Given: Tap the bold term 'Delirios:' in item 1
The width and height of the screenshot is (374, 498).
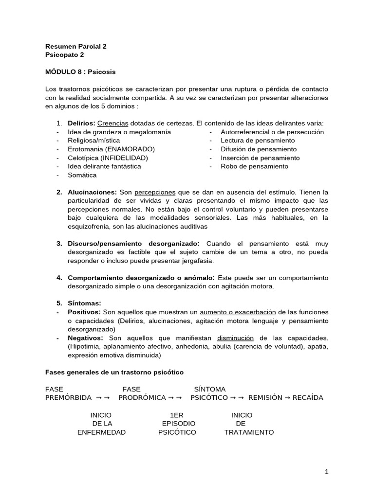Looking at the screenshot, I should pyautogui.click(x=82, y=124).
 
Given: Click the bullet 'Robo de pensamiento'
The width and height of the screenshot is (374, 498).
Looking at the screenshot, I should pyautogui.click(x=254, y=166).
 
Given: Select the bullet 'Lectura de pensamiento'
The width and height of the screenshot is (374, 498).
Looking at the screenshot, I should pyautogui.click(x=258, y=141).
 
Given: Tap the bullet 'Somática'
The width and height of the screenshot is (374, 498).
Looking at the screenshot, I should pyautogui.click(x=82, y=175).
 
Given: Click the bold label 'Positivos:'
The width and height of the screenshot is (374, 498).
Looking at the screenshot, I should pyautogui.click(x=84, y=312).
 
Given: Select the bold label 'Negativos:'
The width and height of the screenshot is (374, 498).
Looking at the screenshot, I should pyautogui.click(x=85, y=338).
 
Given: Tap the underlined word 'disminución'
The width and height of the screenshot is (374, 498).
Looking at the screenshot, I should pyautogui.click(x=236, y=338).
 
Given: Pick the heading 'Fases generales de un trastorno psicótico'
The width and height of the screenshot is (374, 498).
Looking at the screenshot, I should pyautogui.click(x=114, y=372).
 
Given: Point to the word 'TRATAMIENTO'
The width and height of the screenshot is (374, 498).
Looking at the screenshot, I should pyautogui.click(x=249, y=432).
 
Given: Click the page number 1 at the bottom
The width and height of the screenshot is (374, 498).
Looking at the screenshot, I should pyautogui.click(x=327, y=471).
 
